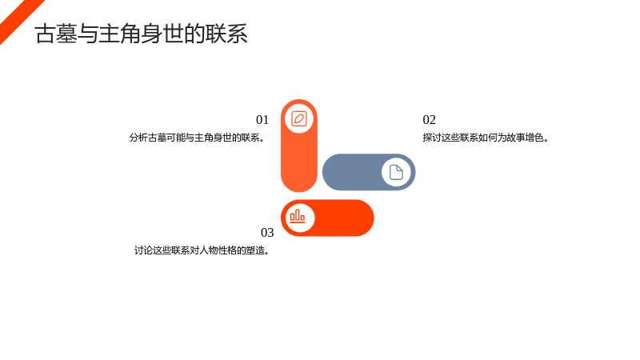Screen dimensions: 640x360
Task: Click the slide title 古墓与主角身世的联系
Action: (x=142, y=34)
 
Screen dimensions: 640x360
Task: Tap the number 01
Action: (x=262, y=119)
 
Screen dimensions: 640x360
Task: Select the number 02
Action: (x=430, y=119)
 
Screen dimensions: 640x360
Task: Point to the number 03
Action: (x=267, y=232)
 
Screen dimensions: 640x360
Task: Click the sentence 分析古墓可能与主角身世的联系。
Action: (x=197, y=138)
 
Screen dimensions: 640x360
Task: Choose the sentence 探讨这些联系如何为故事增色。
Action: (x=486, y=138)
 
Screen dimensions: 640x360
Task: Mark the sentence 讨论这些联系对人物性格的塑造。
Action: (x=202, y=250)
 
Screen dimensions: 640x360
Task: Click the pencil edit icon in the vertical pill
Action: (x=299, y=118)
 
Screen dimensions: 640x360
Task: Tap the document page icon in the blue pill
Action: (x=396, y=172)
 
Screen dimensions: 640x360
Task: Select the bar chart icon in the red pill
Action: (x=297, y=216)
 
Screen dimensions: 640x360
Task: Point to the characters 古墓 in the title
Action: (x=56, y=34)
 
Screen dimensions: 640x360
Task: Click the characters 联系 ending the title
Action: (x=226, y=34)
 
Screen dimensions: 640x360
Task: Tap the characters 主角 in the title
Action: (x=120, y=34)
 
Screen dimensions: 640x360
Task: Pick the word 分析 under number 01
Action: (x=138, y=138)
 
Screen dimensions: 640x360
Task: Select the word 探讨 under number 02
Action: (x=432, y=138)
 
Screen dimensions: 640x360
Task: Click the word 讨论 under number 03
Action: (x=143, y=250)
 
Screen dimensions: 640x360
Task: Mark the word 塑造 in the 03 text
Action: (x=256, y=250)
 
